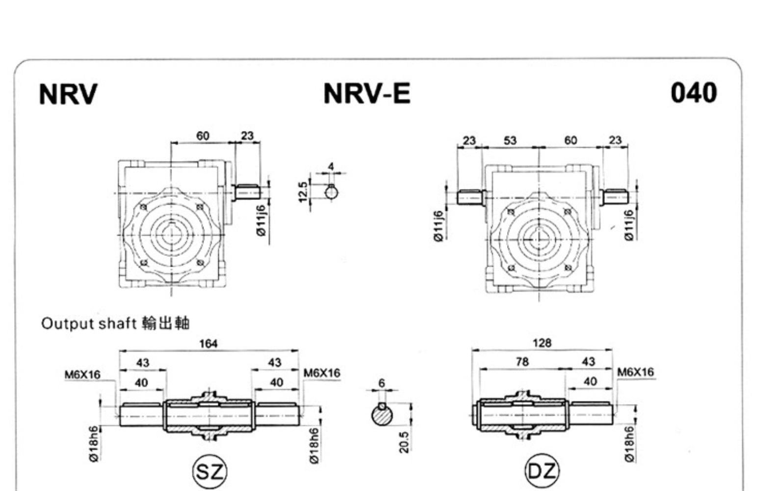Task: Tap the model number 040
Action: (693, 93)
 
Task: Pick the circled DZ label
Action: (542, 471)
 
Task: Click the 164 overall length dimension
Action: (208, 343)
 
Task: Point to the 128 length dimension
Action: (542, 343)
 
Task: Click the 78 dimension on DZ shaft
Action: (522, 362)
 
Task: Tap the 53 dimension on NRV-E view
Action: (510, 140)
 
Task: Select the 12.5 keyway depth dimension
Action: (303, 191)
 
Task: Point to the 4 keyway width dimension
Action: (331, 167)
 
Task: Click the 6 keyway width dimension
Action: (382, 383)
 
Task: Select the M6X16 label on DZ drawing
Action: (635, 372)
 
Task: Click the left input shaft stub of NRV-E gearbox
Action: (470, 197)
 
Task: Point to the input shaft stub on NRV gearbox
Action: (247, 192)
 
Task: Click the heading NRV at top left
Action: (68, 94)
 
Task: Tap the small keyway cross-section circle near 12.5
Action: (331, 192)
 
